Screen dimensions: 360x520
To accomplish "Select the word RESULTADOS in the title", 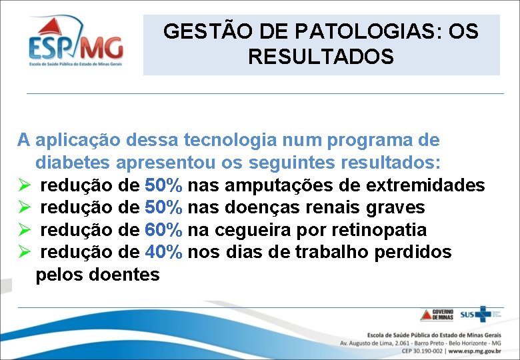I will coord(321,57).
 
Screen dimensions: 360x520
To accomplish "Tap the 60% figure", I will coord(163,230).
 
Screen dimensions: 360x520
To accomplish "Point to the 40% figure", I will coord(163,253).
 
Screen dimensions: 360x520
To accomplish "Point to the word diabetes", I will coord(73,163).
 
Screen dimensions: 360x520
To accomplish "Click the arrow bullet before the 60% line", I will coord(25,231).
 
